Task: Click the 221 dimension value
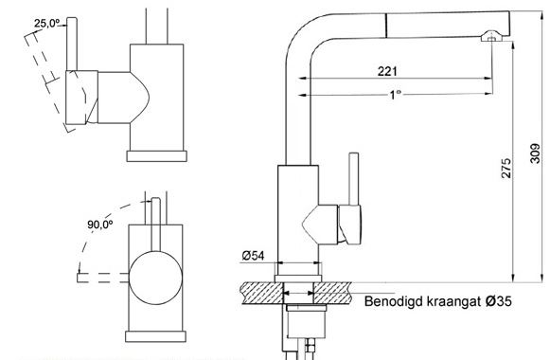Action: [x=387, y=71]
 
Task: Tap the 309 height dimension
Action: [x=535, y=153]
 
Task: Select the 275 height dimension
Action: [x=506, y=168]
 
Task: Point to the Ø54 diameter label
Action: [x=253, y=256]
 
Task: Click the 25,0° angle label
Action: [x=47, y=24]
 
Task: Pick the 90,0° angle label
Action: [x=100, y=225]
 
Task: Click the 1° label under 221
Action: [x=396, y=95]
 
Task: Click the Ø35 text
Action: [x=499, y=301]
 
